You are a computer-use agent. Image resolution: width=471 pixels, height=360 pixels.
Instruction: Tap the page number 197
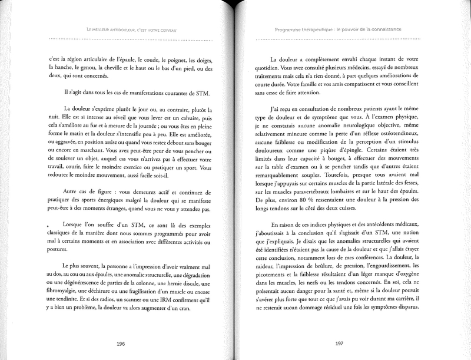[x=339, y=344]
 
